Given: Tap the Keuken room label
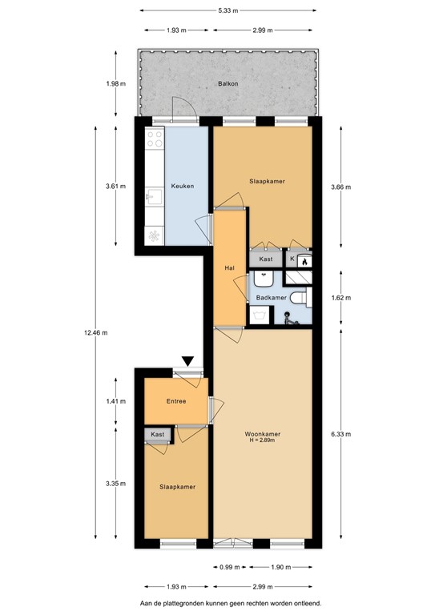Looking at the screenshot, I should pos(182,187).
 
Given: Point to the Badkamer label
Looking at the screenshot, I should pos(271,298).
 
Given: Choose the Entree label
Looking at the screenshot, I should pos(175,401).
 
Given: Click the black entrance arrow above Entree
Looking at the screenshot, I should pos(187,362).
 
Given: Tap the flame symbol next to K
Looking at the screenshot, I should pos(304,259).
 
